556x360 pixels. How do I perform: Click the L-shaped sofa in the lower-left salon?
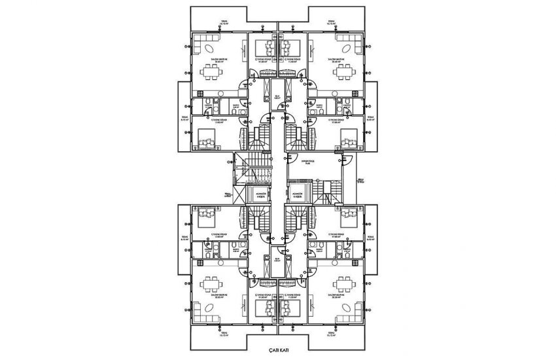tap(202, 298)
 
